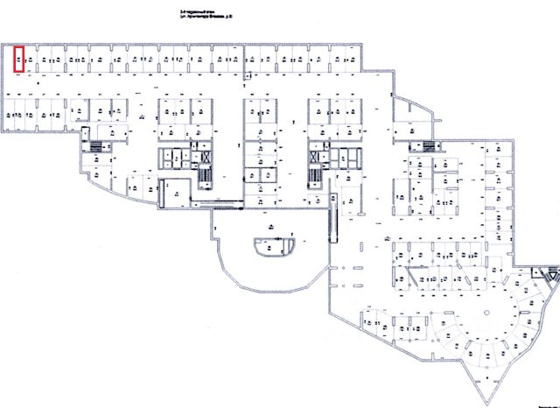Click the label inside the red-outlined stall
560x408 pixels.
click(x=18, y=60)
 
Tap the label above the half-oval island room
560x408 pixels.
click(x=273, y=229)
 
